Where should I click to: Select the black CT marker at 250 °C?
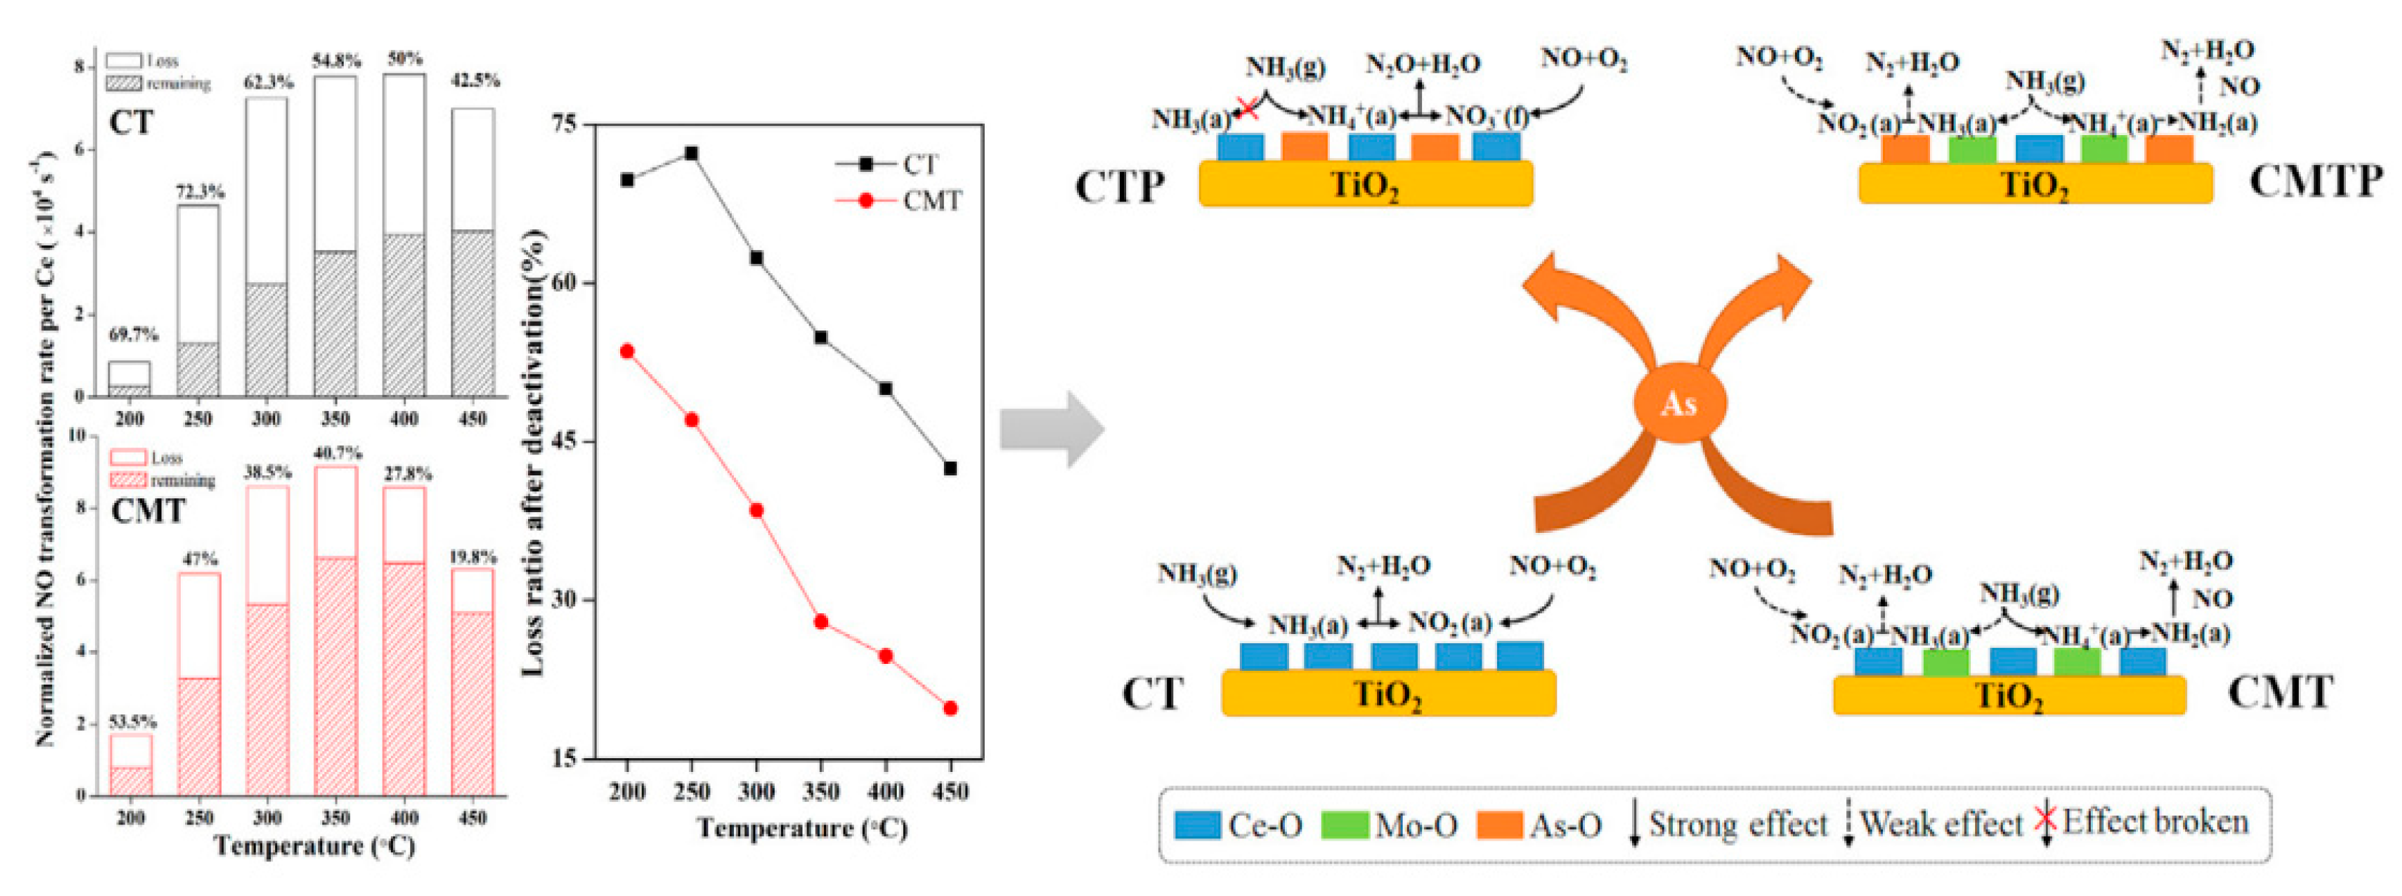coord(691,153)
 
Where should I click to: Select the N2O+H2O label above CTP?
coord(1423,65)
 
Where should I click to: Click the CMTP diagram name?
coord(2316,181)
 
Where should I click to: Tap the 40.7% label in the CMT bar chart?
coord(337,453)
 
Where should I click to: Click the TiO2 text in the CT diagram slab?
coord(1388,696)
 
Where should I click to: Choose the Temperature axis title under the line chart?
coord(802,829)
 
